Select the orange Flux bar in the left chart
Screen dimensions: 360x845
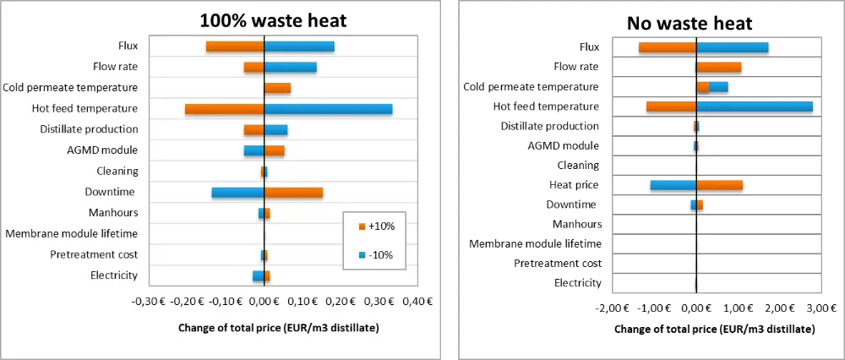point(235,46)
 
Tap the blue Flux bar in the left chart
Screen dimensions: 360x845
point(299,46)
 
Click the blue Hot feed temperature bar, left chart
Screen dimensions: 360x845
point(329,109)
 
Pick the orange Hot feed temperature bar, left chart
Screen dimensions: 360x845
point(225,109)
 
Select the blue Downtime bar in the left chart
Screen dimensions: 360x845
point(237,193)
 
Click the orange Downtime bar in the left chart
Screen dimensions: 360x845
point(293,193)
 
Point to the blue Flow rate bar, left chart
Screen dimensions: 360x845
point(291,67)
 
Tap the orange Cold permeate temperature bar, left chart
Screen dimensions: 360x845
point(277,88)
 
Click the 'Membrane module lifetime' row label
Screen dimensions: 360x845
point(72,234)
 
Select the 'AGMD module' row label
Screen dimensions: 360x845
point(102,150)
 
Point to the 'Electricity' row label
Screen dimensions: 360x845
point(113,275)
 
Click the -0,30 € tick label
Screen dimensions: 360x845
point(150,302)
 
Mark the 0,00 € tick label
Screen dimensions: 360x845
point(264,302)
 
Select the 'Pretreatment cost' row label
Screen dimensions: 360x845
point(94,254)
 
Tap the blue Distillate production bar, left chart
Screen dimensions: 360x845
point(275,130)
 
